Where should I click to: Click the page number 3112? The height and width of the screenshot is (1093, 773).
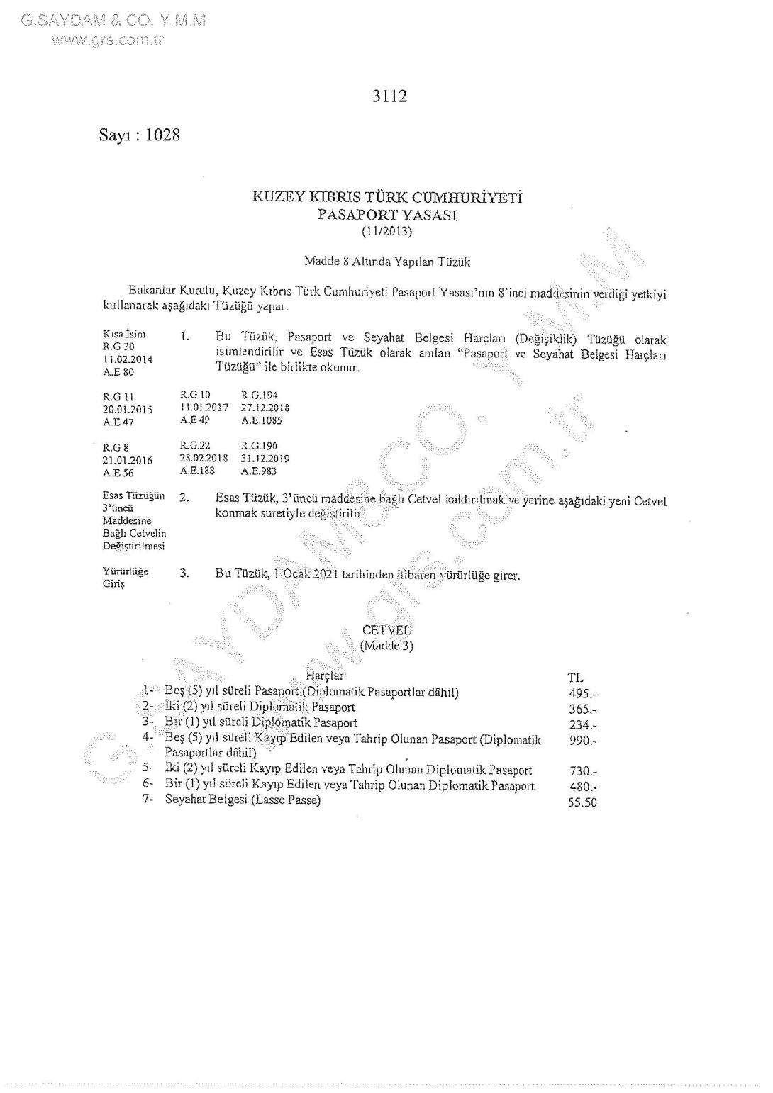[389, 96]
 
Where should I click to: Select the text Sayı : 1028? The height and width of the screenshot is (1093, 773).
[140, 135]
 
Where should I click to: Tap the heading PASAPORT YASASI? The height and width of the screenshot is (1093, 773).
[387, 215]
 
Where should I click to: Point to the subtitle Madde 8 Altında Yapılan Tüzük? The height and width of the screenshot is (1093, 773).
[386, 262]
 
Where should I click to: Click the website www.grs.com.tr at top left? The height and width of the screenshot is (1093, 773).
[107, 40]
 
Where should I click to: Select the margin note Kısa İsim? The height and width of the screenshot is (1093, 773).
[124, 334]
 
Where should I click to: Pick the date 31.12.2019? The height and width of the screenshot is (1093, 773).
[265, 459]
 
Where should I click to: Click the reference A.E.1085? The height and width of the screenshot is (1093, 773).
[262, 420]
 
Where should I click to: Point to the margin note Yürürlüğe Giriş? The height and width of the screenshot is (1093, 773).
[126, 578]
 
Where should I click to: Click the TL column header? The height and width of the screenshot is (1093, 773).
[576, 678]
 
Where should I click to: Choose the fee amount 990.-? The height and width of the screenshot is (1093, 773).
[583, 741]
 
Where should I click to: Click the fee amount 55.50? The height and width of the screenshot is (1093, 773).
[582, 802]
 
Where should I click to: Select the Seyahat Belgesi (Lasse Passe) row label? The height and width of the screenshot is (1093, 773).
[243, 800]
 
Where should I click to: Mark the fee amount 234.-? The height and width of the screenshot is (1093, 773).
[583, 724]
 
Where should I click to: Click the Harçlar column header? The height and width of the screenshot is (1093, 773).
[324, 676]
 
